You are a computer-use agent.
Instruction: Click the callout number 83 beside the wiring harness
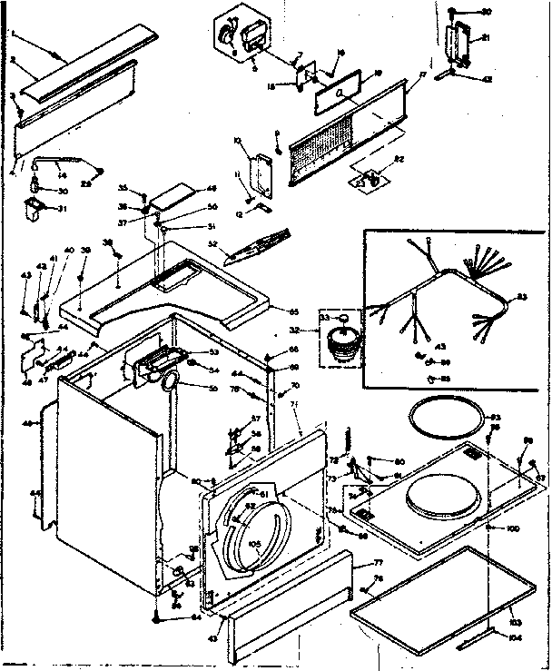pos(521,297)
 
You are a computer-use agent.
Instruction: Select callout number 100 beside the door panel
pos(512,528)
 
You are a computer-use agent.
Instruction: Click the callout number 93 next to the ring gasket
pos(495,418)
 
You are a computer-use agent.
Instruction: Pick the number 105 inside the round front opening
pos(255,545)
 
